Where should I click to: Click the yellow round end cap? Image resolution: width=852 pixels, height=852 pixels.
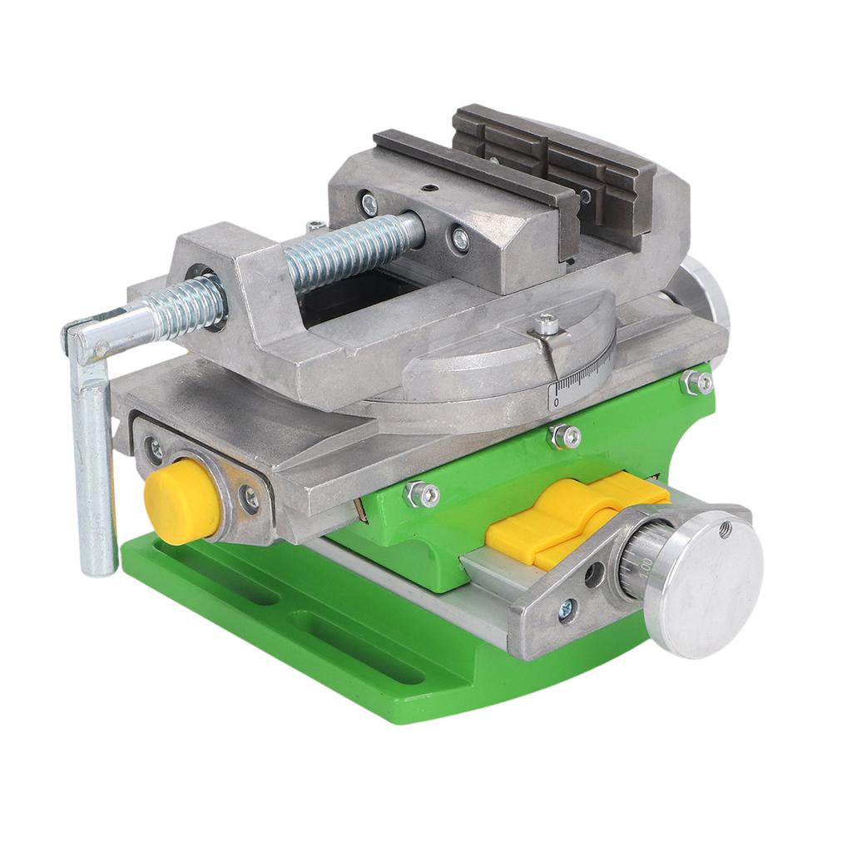[181, 502]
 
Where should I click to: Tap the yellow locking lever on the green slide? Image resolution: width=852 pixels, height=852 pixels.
[574, 517]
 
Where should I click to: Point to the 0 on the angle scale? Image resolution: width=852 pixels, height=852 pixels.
[557, 402]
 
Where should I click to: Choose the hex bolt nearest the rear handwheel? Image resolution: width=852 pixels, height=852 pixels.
[697, 382]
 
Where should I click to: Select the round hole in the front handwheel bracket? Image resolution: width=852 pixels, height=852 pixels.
[593, 575]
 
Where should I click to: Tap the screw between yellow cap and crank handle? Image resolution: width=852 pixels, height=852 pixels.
[155, 449]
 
